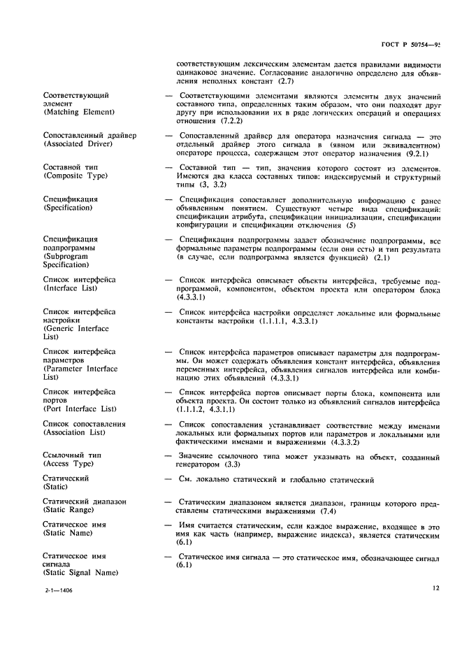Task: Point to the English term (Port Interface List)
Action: tap(80, 408)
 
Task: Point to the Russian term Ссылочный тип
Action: tap(72, 455)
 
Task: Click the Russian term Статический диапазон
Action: tap(85, 502)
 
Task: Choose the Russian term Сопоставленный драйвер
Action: tap(89, 135)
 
